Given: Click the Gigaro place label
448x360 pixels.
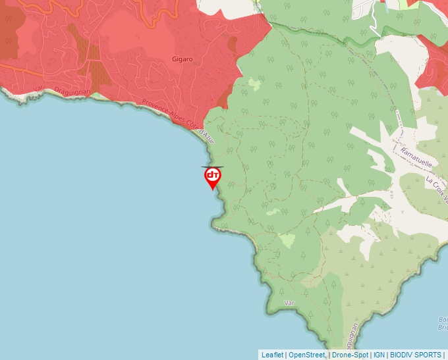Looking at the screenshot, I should pos(182,59).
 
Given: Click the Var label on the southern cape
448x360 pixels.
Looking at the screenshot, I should pos(288,303).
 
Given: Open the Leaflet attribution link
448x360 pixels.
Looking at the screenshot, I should pos(272,355).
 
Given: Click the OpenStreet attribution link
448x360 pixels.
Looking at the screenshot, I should pos(306,355).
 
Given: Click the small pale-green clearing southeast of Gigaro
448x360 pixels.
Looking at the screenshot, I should pos(254,84).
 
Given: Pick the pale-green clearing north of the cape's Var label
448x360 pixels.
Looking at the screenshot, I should pos(287,240).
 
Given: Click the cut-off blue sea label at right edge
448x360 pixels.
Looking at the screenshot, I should pos(443,323).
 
